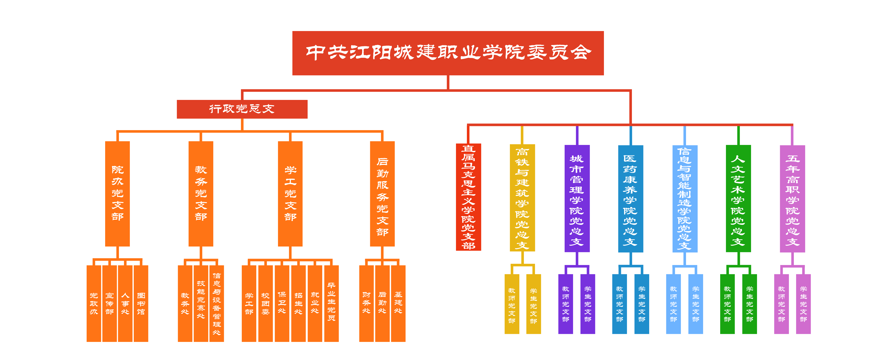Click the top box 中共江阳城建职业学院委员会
(448, 53)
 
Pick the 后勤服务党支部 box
(382, 193)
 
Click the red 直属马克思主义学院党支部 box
(468, 197)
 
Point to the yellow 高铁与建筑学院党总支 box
(522, 198)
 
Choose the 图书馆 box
(141, 303)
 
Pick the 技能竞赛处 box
(201, 303)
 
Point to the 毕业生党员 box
(331, 303)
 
